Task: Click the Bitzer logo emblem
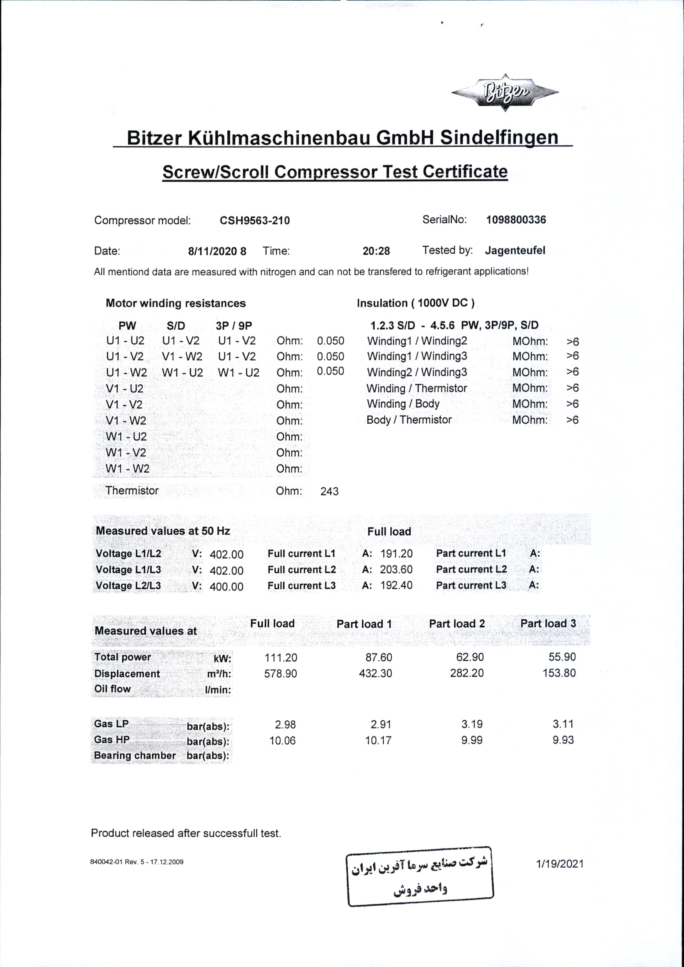point(504,92)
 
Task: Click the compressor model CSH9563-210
point(255,220)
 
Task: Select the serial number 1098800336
point(516,220)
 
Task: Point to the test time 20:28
point(376,251)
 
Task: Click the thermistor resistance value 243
point(329,491)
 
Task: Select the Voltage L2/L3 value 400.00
point(226,586)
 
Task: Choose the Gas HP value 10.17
point(378,740)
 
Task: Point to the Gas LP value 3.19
point(471,724)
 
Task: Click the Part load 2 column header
point(457,624)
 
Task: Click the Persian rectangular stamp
point(420,877)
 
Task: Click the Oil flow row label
point(113,689)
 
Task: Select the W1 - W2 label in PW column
point(127,469)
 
